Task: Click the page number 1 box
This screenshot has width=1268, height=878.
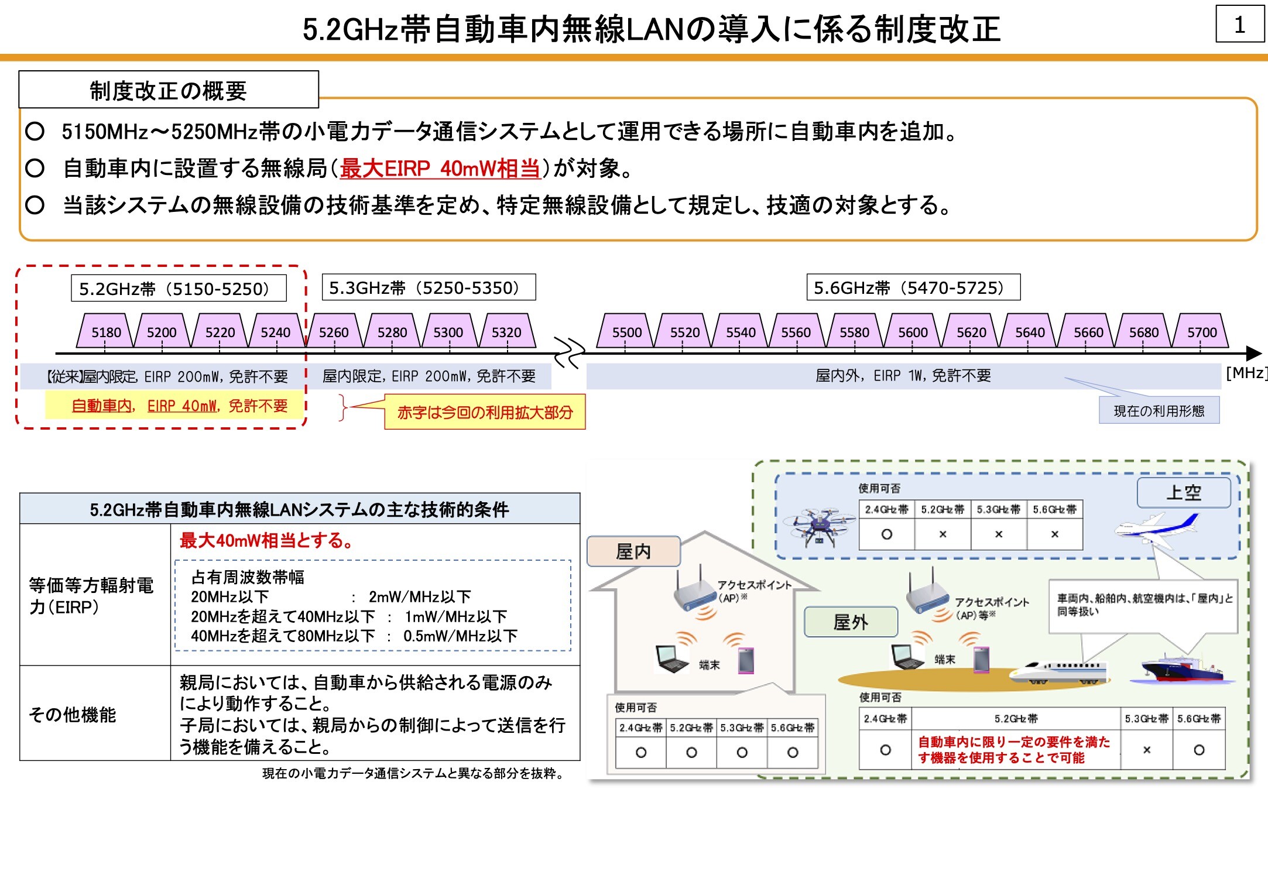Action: coord(1239,25)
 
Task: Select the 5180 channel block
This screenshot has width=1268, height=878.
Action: coord(106,332)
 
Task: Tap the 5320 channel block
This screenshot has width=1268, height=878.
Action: coord(506,332)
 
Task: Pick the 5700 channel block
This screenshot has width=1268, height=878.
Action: coord(1201,332)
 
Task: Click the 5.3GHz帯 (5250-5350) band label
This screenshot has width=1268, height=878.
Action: coord(429,288)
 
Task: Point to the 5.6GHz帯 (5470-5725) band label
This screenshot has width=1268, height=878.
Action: coord(913,288)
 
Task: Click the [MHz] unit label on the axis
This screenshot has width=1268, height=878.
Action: coord(1246,373)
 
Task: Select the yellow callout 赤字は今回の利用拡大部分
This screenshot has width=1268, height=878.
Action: coord(485,413)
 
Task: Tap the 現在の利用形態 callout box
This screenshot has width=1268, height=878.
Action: coord(1159,411)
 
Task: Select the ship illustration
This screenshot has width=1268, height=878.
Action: coord(1183,669)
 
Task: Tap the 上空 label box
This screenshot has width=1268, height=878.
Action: coord(1183,492)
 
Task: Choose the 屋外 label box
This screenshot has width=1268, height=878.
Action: coord(850,622)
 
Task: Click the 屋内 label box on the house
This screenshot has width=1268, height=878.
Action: coord(633,551)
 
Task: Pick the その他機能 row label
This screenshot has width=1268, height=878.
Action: coord(73,714)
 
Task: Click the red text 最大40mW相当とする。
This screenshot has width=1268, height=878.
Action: coord(266,540)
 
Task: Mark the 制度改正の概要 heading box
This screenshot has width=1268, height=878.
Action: coord(168,90)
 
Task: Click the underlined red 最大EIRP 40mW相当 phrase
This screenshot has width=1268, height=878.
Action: coord(440,169)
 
